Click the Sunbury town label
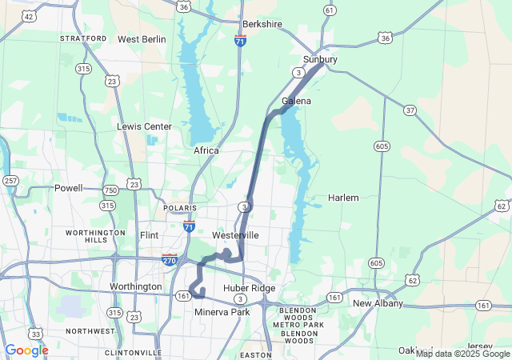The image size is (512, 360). pos(320,60)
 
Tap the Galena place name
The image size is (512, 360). pos(296,102)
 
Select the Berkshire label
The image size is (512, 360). pos(262,25)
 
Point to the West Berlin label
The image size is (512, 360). pos(142,39)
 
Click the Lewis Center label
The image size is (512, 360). pos(144,126)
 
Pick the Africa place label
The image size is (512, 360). pos(206,150)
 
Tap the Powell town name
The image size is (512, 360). pos(68,188)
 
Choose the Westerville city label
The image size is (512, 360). pos(235,236)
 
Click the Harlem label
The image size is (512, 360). pos(343,197)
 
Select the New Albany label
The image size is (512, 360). pos(376,304)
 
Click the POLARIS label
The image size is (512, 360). pos(179,208)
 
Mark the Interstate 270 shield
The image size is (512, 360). pos(169,260)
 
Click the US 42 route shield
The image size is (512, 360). pos(30,16)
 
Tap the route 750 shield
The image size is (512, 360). pos(110,189)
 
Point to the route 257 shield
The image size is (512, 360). pos(10,181)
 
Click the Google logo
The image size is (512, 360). pos(26,350)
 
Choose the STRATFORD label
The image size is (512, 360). pos(82,38)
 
